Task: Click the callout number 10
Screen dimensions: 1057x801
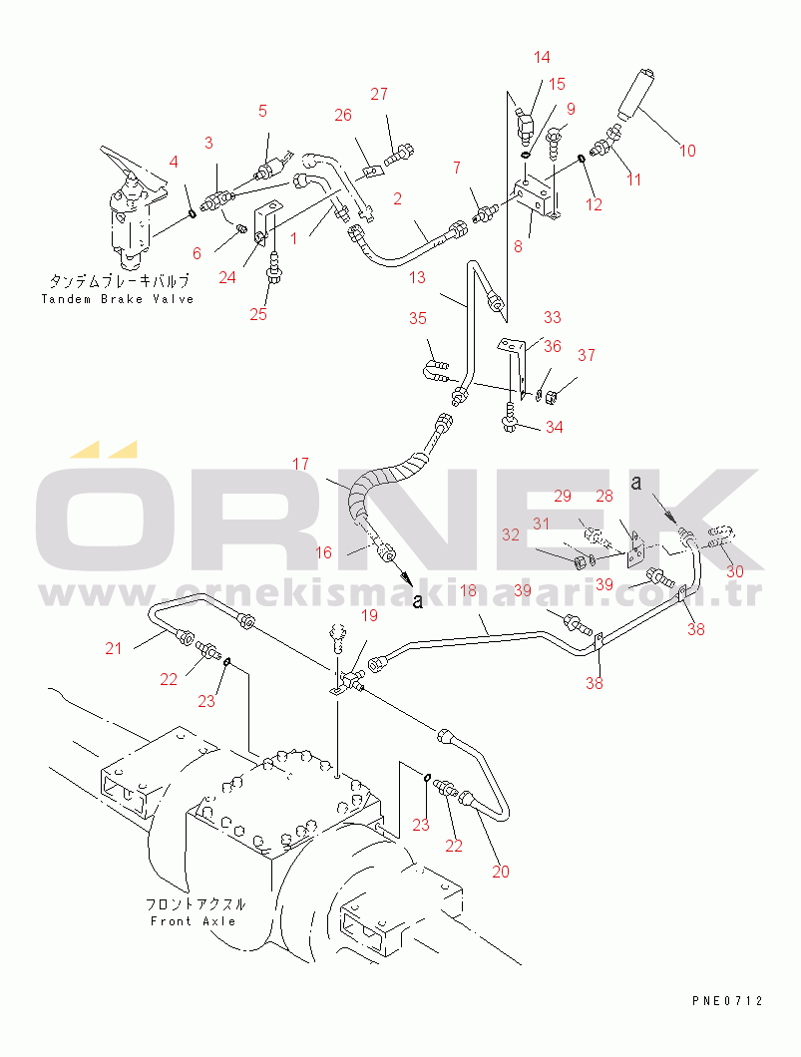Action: pos(687,151)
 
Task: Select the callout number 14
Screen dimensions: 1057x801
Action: pos(541,57)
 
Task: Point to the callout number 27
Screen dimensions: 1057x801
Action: pos(379,95)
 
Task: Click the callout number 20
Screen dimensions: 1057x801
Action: pos(500,871)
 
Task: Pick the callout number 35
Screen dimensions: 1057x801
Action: pos(417,319)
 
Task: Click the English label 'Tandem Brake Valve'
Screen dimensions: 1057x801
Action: pos(118,299)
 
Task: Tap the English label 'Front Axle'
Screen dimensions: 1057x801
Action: pos(193,920)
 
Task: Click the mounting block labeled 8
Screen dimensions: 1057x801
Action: pos(535,196)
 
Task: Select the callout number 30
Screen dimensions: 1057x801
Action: pos(735,571)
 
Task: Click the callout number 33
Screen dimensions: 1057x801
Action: pos(552,317)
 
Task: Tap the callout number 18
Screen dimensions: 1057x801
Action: pos(469,591)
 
